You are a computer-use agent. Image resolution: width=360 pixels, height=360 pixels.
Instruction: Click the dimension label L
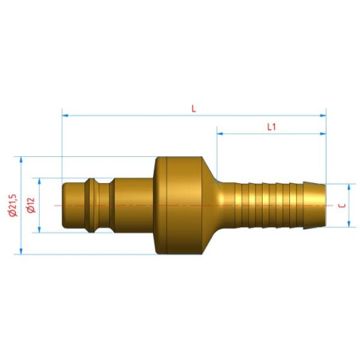coord(194,108)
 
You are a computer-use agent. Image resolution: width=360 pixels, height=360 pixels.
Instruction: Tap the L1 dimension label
coord(272,127)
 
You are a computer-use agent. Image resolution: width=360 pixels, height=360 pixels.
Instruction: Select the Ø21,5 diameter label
coord(13,205)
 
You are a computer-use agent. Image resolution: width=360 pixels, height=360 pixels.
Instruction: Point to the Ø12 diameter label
coord(31,205)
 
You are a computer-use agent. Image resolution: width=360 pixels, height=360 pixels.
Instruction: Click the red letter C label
coord(342,205)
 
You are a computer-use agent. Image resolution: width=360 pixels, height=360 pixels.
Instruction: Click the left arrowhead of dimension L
coord(65,115)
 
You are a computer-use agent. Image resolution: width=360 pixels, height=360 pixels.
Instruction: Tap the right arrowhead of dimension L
coord(323,115)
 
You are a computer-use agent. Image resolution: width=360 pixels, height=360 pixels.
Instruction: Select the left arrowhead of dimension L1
coord(220,134)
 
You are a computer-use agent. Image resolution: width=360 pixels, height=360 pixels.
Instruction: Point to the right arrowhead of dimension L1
coord(323,134)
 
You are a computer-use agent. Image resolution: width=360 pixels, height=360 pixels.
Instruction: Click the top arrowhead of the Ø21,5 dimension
coord(22,160)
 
